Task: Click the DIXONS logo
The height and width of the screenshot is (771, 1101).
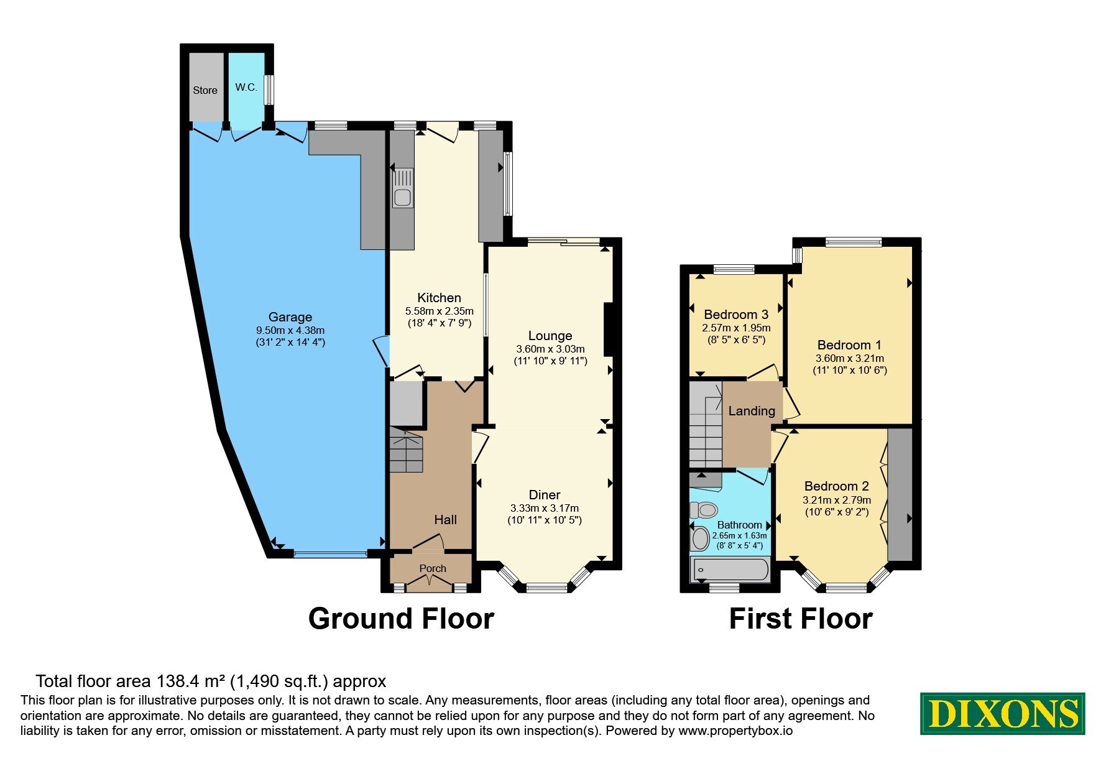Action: click(x=1002, y=713)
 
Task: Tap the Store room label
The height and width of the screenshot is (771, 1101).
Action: click(x=205, y=90)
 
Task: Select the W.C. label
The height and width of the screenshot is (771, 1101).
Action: click(x=246, y=87)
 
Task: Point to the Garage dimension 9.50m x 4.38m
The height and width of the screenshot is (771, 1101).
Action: click(x=290, y=330)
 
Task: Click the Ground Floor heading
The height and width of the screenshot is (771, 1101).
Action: click(x=401, y=619)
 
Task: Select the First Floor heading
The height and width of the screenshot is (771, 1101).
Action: click(x=800, y=619)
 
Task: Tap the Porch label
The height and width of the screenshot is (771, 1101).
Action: click(x=433, y=568)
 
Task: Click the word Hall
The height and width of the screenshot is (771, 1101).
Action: click(x=445, y=520)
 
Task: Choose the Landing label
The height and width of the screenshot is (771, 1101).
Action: click(x=752, y=411)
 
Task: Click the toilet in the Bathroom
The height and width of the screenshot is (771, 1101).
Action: click(x=704, y=510)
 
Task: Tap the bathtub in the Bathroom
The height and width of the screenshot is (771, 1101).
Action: click(x=730, y=569)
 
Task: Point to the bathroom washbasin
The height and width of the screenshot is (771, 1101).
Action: click(x=701, y=538)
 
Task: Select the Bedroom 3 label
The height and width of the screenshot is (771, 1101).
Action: click(x=736, y=315)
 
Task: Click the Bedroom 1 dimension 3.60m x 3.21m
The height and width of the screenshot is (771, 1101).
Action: click(x=850, y=358)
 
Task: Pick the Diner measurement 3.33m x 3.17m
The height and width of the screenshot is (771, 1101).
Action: click(x=545, y=508)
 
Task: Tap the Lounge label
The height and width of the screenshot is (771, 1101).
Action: click(x=550, y=336)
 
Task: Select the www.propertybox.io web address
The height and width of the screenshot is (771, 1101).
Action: click(x=735, y=731)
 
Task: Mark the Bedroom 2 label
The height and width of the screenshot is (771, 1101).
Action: click(x=837, y=486)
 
